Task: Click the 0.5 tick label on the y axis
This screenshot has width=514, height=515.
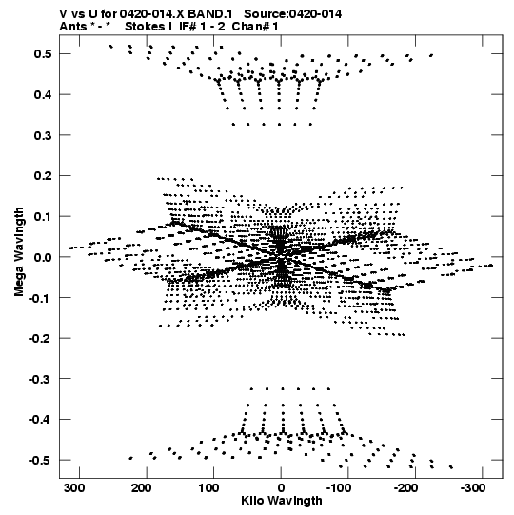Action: pyautogui.click(x=43, y=53)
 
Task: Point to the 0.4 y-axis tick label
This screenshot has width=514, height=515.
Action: pyautogui.click(x=43, y=94)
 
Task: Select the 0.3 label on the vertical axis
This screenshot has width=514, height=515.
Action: pyautogui.click(x=43, y=135)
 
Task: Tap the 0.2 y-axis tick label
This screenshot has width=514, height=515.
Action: pyautogui.click(x=43, y=176)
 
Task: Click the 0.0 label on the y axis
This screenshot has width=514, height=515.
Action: pyautogui.click(x=43, y=257)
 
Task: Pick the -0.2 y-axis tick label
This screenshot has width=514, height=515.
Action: pyautogui.click(x=40, y=338)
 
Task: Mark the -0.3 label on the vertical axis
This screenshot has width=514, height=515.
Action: pyautogui.click(x=40, y=379)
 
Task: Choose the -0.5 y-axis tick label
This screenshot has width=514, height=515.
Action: pyautogui.click(x=40, y=460)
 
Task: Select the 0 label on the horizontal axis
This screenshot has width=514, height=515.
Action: pyautogui.click(x=281, y=488)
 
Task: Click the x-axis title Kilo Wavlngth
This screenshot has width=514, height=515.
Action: pyautogui.click(x=282, y=501)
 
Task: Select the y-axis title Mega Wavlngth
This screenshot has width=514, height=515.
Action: pyautogui.click(x=19, y=252)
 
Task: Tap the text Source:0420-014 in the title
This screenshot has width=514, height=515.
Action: pyautogui.click(x=292, y=14)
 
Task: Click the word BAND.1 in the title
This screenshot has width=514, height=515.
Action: pyautogui.click(x=209, y=14)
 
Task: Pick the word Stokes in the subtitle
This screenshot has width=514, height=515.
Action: pyautogui.click(x=145, y=27)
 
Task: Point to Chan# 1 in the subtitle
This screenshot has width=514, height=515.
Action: pyautogui.click(x=255, y=27)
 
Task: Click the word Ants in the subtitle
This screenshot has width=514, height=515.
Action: pyautogui.click(x=73, y=27)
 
